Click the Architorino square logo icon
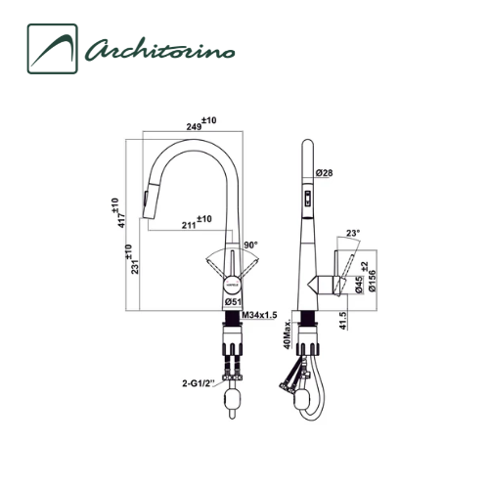pyautogui.click(x=53, y=49)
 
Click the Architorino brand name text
pyautogui.click(x=159, y=51)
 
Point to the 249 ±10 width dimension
pyautogui.click(x=201, y=124)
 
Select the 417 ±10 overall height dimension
pyautogui.click(x=119, y=212)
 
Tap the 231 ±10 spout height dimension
pyautogui.click(x=133, y=259)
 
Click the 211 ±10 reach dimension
pyautogui.click(x=197, y=222)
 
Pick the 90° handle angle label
pyautogui.click(x=250, y=244)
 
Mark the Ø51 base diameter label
pyautogui.click(x=233, y=302)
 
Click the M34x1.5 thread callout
pyautogui.click(x=259, y=315)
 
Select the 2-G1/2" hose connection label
pyautogui.click(x=198, y=383)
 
